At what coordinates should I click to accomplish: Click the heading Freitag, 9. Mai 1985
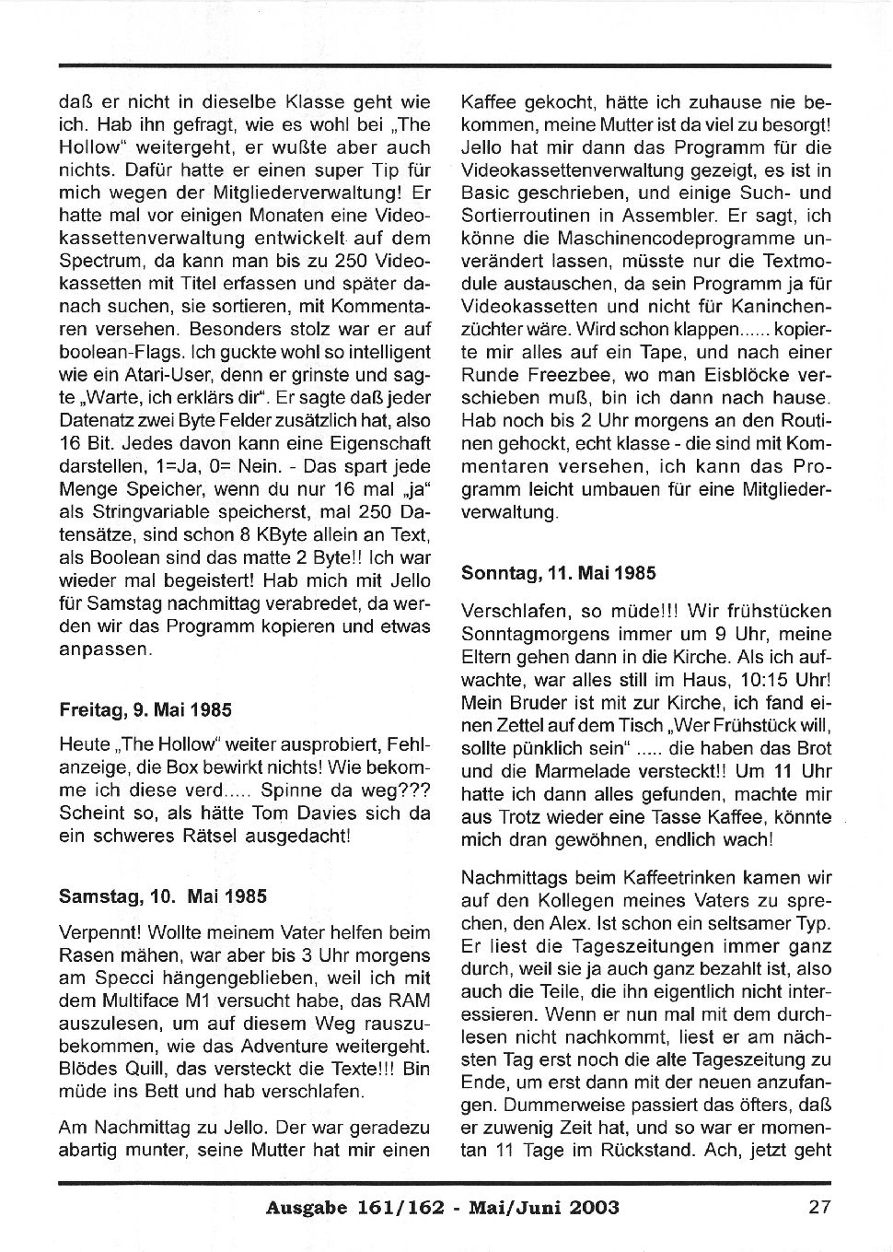pyautogui.click(x=145, y=710)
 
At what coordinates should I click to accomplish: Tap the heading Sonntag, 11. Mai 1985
pyautogui.click(x=558, y=573)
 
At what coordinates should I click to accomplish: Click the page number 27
pyautogui.click(x=819, y=1207)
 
